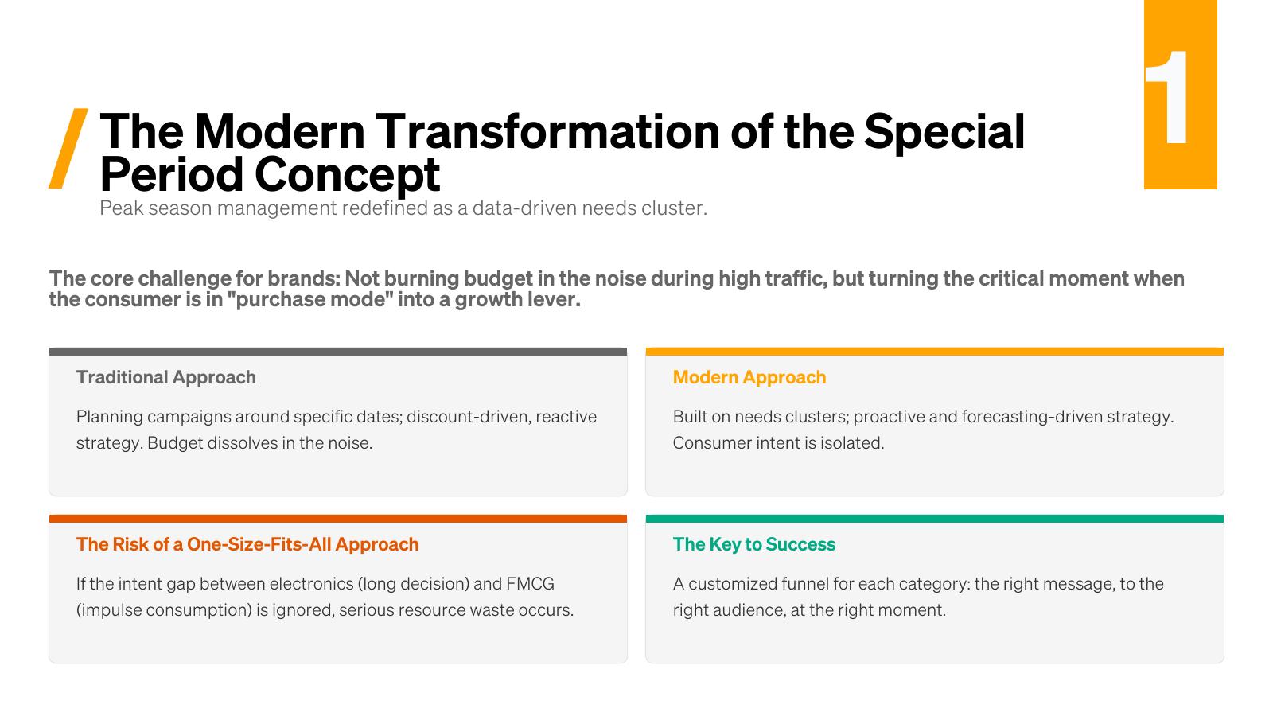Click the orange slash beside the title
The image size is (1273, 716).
tap(68, 148)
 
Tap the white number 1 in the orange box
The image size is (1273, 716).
tap(1167, 97)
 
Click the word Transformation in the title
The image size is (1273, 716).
tap(547, 132)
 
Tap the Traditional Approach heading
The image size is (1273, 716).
tap(166, 377)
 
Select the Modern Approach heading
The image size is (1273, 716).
tap(749, 377)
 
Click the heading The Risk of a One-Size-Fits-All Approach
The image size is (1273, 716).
tap(247, 544)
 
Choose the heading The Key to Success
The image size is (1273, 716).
tap(754, 544)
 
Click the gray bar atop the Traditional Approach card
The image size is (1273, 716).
tap(338, 352)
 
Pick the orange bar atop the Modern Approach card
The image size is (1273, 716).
tap(935, 352)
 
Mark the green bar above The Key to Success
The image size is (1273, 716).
tap(935, 519)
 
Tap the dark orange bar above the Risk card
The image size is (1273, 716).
tap(338, 519)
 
